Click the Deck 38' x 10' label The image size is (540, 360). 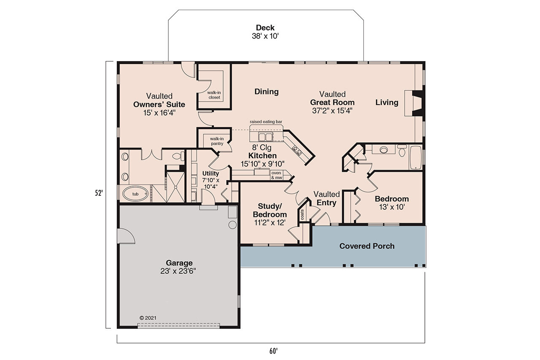coord(265,32)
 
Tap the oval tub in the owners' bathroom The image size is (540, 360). coord(135,194)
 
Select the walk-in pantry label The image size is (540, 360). coord(216,141)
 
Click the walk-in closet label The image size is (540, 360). coord(214,95)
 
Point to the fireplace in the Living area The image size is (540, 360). coord(415,103)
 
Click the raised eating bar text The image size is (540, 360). coord(266,122)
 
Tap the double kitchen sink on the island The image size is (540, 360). coord(265,136)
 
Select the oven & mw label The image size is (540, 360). coord(276,175)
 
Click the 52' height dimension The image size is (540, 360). coord(99,194)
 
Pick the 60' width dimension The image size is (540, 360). coord(274,350)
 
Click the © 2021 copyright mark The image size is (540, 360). coord(148,318)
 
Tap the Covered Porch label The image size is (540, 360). coord(367,246)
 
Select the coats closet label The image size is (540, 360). coord(302,215)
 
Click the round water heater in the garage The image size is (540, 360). coord(232,225)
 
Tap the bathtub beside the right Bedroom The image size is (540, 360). coord(416,158)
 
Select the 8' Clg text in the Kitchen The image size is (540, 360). coord(262,148)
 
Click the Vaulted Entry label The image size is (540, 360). coord(327,198)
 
